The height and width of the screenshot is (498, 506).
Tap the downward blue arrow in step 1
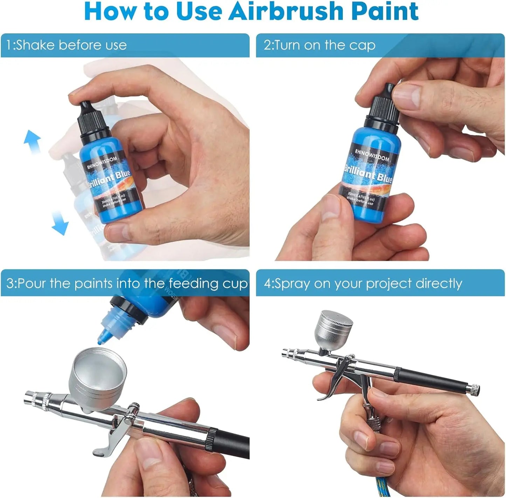pyautogui.click(x=60, y=223)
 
